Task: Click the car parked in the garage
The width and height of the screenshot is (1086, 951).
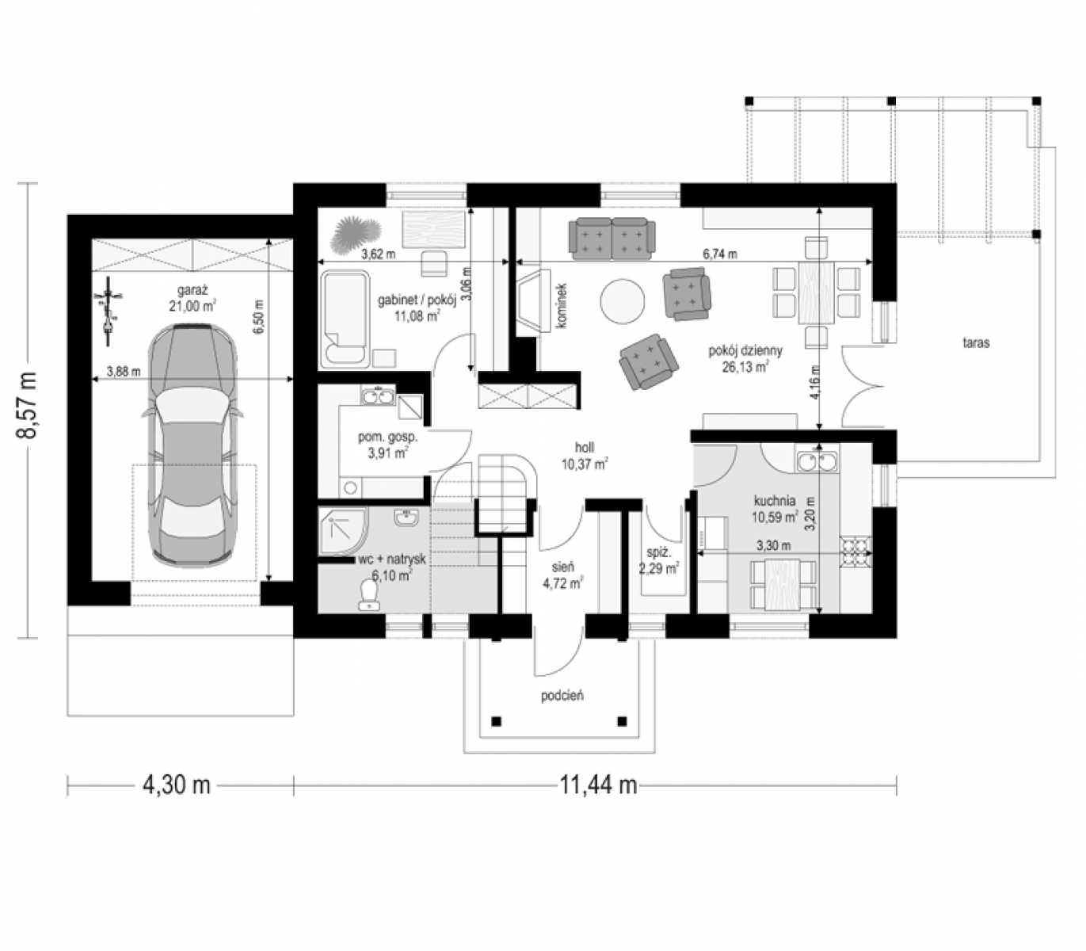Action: (192, 445)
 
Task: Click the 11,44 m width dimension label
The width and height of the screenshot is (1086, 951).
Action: (598, 784)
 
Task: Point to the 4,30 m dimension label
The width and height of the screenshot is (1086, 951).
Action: (176, 784)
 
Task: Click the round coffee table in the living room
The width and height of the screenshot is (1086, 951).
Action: (623, 300)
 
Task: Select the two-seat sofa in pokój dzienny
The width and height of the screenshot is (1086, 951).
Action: (612, 239)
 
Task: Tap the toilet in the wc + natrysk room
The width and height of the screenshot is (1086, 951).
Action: (368, 594)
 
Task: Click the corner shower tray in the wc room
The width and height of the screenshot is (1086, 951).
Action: (343, 532)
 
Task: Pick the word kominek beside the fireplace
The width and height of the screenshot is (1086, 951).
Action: (562, 305)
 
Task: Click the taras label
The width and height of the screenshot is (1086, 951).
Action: (976, 343)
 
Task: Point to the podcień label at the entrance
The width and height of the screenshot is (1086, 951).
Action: (562, 695)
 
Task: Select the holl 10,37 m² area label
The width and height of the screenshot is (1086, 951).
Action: (585, 456)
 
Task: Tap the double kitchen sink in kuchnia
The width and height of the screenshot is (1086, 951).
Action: (817, 461)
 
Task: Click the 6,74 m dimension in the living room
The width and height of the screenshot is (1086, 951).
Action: (720, 254)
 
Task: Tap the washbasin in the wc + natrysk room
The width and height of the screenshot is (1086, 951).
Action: (406, 518)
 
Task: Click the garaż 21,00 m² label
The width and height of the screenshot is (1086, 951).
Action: (192, 298)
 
